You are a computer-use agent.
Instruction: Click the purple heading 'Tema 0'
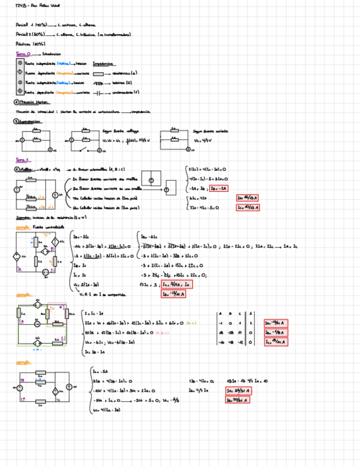click(24, 54)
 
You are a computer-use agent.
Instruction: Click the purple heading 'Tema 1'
click(22, 160)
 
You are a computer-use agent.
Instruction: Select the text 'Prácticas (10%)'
click(31, 43)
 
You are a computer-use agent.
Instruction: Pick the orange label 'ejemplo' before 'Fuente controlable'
click(23, 227)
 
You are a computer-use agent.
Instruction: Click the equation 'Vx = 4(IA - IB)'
click(107, 410)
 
